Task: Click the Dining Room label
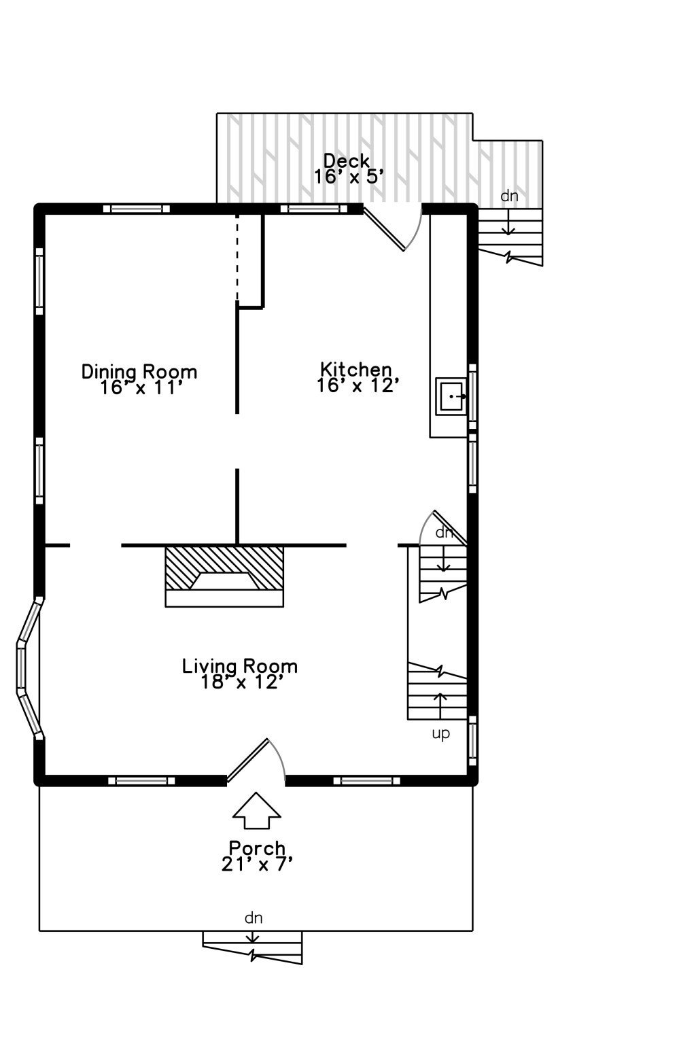tap(139, 372)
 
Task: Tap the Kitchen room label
tap(355, 369)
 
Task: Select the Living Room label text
tap(240, 666)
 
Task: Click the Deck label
tap(347, 161)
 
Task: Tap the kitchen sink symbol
tap(451, 396)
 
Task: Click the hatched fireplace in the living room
tap(224, 576)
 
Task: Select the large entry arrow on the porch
tap(256, 810)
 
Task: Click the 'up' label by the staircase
tap(440, 734)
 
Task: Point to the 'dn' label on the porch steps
tap(253, 918)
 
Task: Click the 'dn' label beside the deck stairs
tap(509, 196)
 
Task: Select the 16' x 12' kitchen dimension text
tap(358, 385)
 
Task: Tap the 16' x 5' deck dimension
tap(349, 177)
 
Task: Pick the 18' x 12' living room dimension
tap(242, 682)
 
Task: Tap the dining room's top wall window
tap(136, 209)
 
